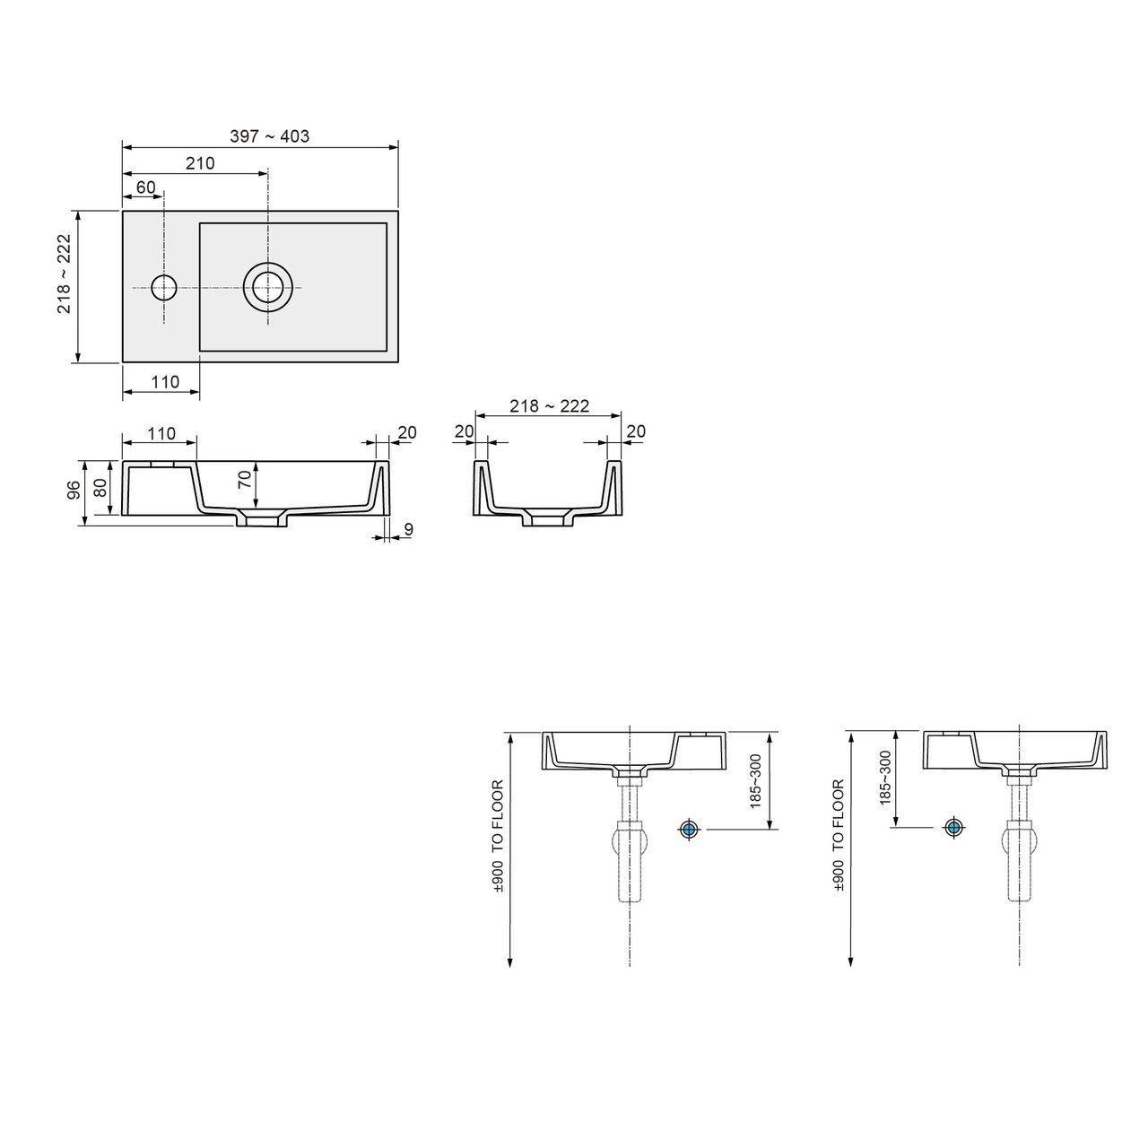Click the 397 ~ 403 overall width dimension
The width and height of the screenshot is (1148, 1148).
click(270, 136)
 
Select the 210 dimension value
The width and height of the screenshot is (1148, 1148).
click(200, 163)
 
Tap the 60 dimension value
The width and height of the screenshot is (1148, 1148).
click(145, 187)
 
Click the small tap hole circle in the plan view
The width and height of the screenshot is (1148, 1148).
click(164, 288)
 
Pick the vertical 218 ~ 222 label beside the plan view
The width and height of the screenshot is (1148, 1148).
click(64, 274)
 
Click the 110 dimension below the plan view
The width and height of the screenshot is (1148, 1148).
click(165, 381)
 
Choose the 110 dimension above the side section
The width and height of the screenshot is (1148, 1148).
click(161, 433)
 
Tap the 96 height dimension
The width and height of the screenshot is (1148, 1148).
click(73, 490)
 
